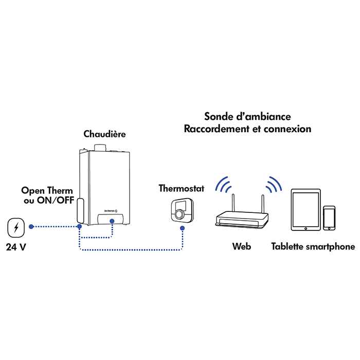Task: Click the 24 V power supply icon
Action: click(x=16, y=227)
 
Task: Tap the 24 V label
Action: click(x=16, y=247)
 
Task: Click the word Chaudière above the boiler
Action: click(x=104, y=134)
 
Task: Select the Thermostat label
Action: click(x=181, y=188)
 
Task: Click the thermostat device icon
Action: click(x=181, y=210)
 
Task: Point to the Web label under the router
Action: click(x=241, y=247)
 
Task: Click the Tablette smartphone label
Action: click(x=313, y=247)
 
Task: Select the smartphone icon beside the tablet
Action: click(x=329, y=218)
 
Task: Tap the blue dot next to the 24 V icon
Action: click(x=32, y=226)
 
